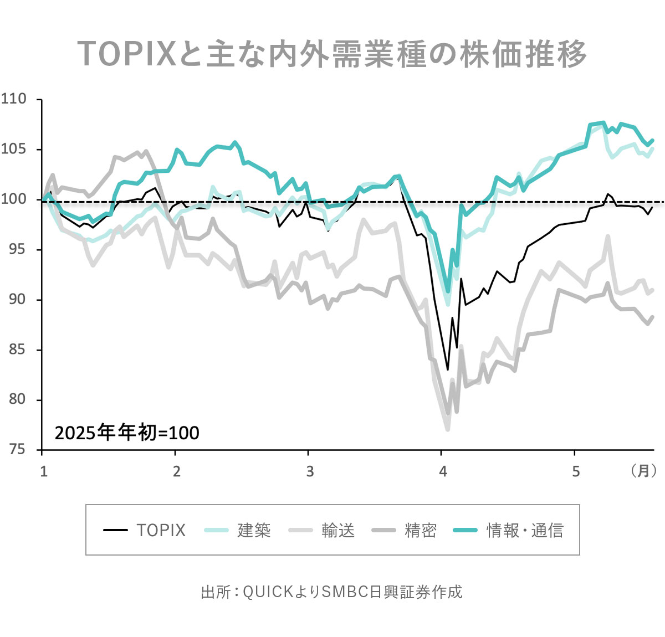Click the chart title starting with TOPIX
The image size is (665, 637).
point(331,54)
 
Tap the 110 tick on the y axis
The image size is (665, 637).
point(14,99)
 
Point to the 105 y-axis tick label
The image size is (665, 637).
point(14,149)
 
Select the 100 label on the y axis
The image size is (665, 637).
point(14,199)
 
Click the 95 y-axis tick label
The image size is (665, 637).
point(17,249)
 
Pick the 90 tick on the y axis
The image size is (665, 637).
point(17,299)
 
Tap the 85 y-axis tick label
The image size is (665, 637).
point(17,350)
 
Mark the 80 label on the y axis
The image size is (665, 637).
point(17,399)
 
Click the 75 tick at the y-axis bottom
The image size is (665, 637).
point(17,449)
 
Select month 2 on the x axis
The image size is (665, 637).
point(177,471)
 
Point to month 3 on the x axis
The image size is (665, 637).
point(310,471)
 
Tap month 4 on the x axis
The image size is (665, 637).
point(443,471)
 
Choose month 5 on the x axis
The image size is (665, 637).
point(576,471)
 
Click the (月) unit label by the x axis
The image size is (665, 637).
point(643,471)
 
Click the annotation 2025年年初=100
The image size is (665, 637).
point(127,433)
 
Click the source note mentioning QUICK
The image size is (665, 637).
point(331,592)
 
